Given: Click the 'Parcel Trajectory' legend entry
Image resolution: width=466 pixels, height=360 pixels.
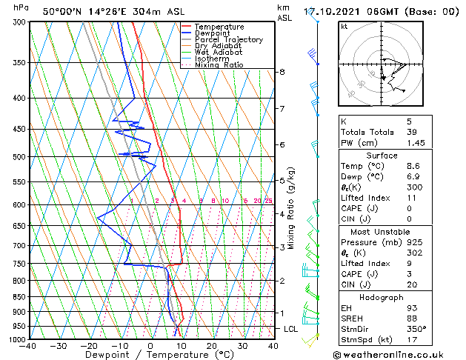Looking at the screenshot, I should [228, 39].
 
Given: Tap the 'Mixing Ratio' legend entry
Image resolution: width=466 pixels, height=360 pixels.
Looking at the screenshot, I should [219, 65].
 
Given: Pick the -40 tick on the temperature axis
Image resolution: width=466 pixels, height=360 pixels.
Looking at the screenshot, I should [30, 346].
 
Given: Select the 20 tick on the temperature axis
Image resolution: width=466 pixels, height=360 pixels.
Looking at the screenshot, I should [211, 346].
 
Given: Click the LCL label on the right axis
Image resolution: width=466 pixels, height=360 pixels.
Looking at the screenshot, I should [290, 328].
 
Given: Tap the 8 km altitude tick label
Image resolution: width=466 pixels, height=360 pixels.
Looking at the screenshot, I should [282, 72].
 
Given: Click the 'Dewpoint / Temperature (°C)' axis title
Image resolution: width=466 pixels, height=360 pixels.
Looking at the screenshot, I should [151, 355].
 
